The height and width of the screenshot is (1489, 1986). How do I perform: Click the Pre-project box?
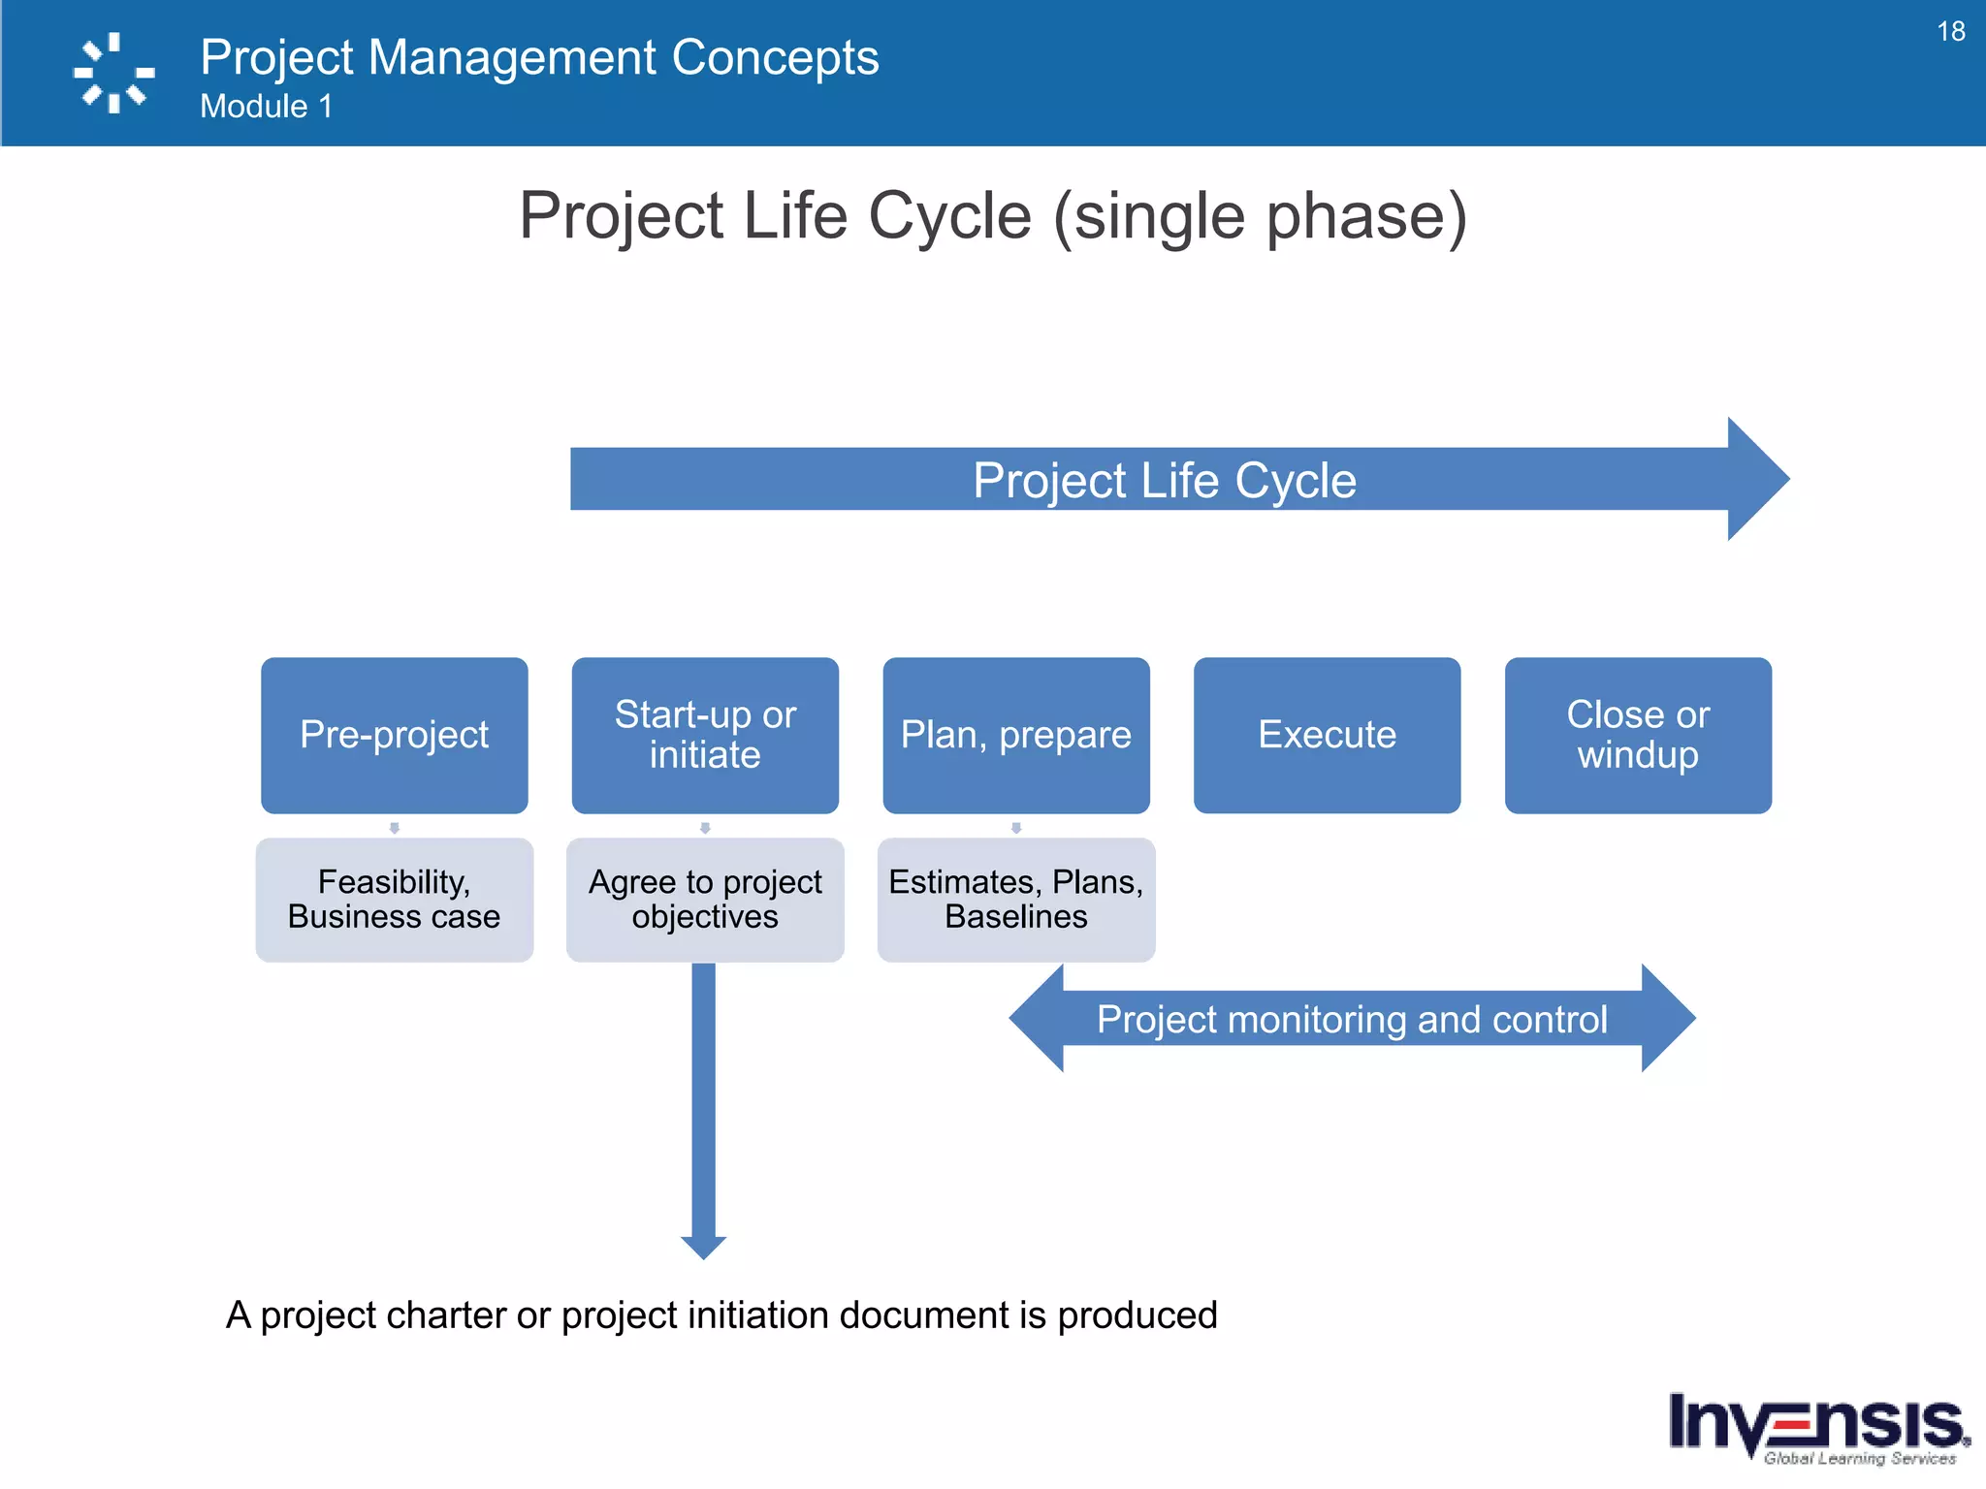[394, 735]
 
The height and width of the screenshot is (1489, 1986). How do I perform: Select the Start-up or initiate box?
[705, 735]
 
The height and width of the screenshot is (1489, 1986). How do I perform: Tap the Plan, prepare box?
[1015, 735]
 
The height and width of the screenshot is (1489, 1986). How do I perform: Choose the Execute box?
[1327, 735]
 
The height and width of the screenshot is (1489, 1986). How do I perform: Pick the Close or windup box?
[1638, 735]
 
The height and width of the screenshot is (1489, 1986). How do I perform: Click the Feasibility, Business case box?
[394, 900]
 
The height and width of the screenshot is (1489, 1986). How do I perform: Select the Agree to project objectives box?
[705, 900]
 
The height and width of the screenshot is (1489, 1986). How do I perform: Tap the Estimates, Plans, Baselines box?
[1015, 900]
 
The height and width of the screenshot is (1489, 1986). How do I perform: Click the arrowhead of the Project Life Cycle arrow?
[1757, 479]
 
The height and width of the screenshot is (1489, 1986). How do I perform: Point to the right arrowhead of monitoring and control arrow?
[1668, 1018]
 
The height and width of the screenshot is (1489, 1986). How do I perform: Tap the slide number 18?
[1950, 32]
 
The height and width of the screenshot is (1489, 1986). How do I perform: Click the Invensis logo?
[1818, 1427]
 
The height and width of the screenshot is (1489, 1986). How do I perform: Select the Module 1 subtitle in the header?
[266, 107]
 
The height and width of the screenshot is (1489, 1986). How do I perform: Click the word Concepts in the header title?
[775, 57]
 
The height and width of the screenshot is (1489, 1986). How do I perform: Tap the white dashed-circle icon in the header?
[114, 73]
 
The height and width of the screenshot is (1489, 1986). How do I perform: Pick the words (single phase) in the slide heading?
[1261, 216]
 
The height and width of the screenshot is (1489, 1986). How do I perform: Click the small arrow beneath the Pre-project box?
[394, 828]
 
